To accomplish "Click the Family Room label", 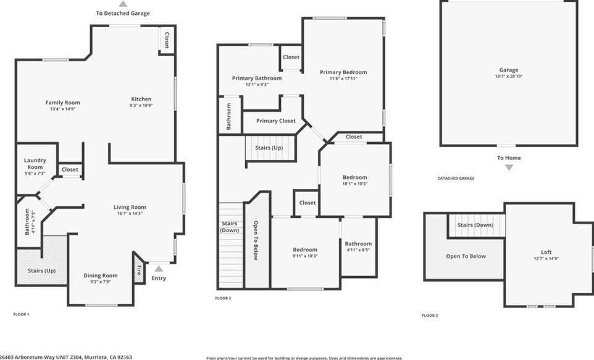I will [62, 103].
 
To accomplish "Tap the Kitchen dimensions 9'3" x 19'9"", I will [141, 106].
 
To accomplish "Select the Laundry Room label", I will [35, 164].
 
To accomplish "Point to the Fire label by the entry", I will [139, 269].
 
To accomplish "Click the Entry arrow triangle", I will [159, 268].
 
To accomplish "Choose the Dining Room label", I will [101, 275].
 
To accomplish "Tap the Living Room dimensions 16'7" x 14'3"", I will [130, 214].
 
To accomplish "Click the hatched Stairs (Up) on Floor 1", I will [41, 270].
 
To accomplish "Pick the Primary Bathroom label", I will [257, 78].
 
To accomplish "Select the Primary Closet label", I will [276, 121].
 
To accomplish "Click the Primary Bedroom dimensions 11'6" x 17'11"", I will [343, 78].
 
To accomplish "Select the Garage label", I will [509, 70].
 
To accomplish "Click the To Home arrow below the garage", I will [509, 167].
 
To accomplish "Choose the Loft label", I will [546, 252].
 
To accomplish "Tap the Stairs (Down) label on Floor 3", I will [475, 225].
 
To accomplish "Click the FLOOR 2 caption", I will [223, 298].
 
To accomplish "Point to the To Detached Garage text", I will [123, 13].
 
